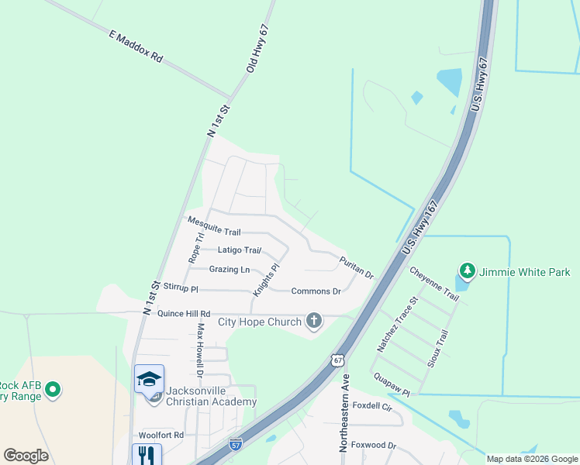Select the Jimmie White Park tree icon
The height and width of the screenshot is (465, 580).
click(467, 271)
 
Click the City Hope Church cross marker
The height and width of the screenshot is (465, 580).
click(313, 321)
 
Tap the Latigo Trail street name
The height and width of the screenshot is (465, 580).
click(239, 250)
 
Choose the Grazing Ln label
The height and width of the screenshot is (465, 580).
click(230, 270)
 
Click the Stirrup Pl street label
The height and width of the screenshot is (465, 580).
click(181, 288)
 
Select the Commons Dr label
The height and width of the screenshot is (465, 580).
click(316, 291)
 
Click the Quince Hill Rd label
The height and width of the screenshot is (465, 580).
click(184, 314)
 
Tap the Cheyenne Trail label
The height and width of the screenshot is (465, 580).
click(434, 284)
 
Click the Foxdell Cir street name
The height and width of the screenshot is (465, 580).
click(373, 407)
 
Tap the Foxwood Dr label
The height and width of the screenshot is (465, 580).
click(374, 446)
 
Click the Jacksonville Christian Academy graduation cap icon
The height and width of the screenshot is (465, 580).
click(149, 379)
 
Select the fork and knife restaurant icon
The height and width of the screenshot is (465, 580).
click(147, 454)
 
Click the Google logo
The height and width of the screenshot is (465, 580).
click(26, 456)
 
